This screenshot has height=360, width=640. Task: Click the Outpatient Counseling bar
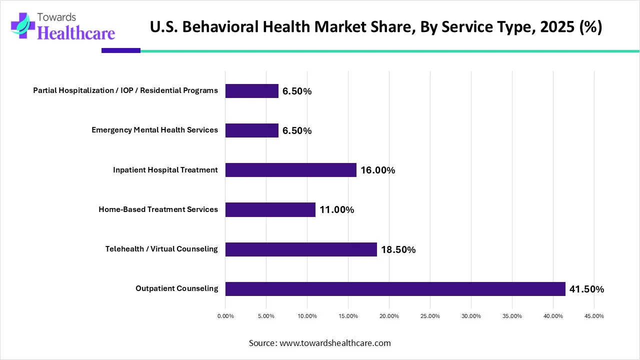(x=395, y=289)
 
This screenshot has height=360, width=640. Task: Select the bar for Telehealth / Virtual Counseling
(x=301, y=249)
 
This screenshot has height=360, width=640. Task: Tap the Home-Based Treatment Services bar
(x=270, y=209)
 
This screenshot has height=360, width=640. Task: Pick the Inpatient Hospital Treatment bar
(x=290, y=170)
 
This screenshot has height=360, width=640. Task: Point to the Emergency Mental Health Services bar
(x=251, y=130)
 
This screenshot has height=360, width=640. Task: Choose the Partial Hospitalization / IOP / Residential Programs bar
(x=251, y=91)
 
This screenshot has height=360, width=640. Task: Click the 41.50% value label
(x=586, y=289)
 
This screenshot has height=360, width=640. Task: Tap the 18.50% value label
(x=398, y=250)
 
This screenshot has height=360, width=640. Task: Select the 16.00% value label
(x=377, y=170)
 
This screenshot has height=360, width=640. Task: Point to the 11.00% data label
(x=336, y=210)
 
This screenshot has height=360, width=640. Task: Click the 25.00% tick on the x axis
(x=430, y=316)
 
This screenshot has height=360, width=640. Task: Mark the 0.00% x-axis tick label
(x=225, y=316)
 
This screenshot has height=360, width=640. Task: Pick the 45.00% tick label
(x=594, y=316)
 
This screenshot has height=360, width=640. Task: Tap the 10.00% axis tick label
(x=307, y=316)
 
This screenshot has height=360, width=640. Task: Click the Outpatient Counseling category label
(x=176, y=288)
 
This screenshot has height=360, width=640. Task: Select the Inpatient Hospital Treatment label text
(x=165, y=170)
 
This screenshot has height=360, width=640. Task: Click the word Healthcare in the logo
(x=76, y=33)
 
